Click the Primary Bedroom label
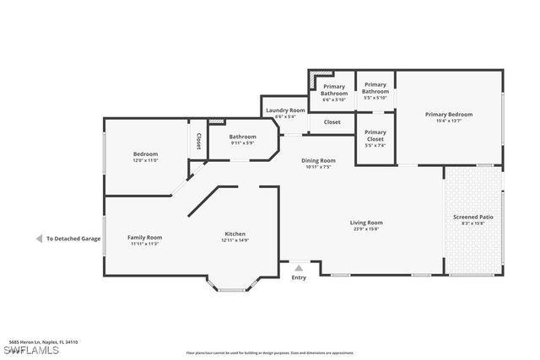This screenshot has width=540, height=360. click(448, 114)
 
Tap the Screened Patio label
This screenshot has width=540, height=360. click(473, 217)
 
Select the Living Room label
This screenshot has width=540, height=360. click(366, 223)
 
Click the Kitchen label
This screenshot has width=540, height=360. click(235, 234)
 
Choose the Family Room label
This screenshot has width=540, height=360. click(144, 237)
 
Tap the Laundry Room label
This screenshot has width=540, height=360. click(285, 110)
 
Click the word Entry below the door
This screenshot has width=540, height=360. click(299, 277)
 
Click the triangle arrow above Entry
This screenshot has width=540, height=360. click(299, 268)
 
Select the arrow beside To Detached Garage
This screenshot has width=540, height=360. click(39, 239)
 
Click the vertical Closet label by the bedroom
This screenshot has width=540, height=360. click(199, 141)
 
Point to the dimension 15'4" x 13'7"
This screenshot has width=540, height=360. click(448, 121)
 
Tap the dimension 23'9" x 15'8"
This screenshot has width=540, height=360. click(366, 228)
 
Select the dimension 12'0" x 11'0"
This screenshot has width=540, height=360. click(145, 160)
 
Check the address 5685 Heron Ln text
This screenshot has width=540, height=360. click(42, 341)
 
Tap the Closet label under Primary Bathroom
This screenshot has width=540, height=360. click(332, 122)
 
